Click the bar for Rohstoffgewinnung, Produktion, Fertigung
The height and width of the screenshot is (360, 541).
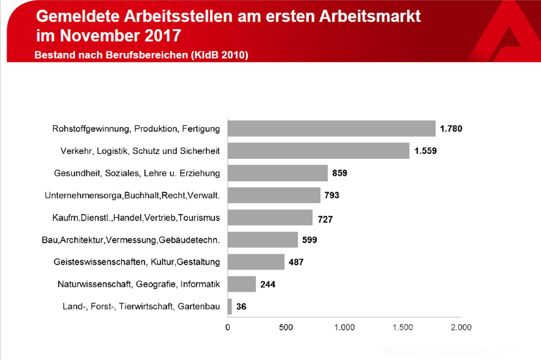331,129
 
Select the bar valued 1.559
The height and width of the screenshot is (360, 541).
318,151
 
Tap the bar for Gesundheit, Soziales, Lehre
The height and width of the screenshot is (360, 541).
278,173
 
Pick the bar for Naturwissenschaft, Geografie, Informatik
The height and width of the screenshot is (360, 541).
241,284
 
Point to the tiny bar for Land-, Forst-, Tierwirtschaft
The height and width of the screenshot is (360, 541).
230,306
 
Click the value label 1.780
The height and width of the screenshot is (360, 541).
451,129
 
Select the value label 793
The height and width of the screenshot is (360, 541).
332,195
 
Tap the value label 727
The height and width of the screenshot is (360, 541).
325,219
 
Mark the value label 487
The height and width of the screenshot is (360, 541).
296,262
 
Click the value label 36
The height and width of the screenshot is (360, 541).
242,307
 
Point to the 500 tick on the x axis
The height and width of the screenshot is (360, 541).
286,327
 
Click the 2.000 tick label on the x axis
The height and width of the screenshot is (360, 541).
460,327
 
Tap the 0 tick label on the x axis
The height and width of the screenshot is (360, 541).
228,327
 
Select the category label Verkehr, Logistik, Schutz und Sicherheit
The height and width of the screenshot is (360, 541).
140,151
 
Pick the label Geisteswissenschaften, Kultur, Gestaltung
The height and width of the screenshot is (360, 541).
137,262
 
